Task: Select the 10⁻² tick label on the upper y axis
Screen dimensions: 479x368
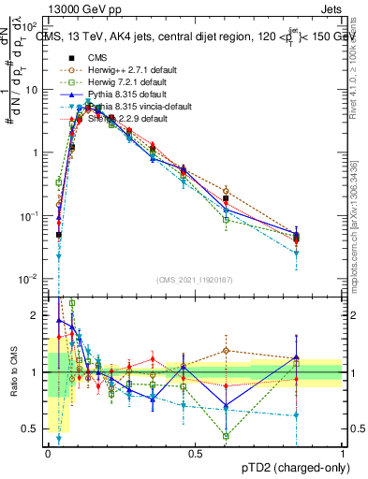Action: click(31, 279)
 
